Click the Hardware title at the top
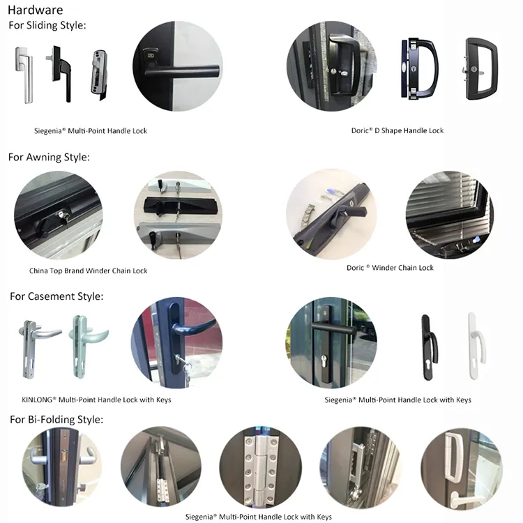point(35,10)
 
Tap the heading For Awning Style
point(49,157)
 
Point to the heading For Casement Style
point(56,296)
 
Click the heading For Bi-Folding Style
point(56,419)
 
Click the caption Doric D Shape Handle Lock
point(397,130)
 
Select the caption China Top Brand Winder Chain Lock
point(89,271)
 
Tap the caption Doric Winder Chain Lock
point(390,268)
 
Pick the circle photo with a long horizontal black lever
point(178,65)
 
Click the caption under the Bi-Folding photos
point(259,517)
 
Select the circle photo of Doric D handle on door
point(332,67)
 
